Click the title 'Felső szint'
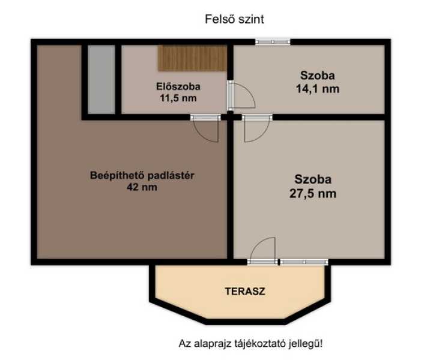(x=234, y=19)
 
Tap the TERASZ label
(x=245, y=292)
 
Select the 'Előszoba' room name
(x=178, y=86)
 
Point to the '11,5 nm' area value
(x=178, y=98)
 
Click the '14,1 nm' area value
(x=318, y=89)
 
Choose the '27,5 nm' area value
(x=313, y=193)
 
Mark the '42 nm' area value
(x=142, y=187)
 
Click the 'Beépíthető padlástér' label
(x=142, y=175)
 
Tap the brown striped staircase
(x=192, y=58)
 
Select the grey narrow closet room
(x=101, y=79)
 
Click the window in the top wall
(x=273, y=41)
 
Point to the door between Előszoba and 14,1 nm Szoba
(x=241, y=95)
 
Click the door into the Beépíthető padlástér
(x=206, y=128)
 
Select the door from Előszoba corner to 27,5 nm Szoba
(x=257, y=128)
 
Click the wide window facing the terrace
(x=304, y=262)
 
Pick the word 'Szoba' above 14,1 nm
(x=318, y=76)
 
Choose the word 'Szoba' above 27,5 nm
(x=313, y=179)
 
